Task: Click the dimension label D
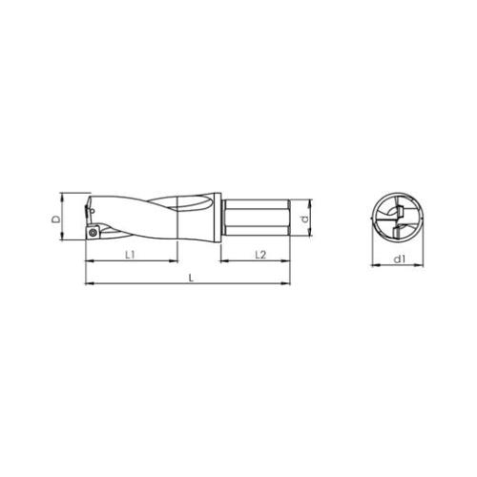[x=56, y=219]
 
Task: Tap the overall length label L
[x=191, y=279]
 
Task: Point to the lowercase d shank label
[x=305, y=218]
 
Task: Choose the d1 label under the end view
[x=400, y=259]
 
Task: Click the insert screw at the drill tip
[x=93, y=232]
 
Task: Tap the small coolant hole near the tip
[x=93, y=210]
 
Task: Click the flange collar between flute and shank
[x=218, y=218]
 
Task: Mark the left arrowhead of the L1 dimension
[x=89, y=261]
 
